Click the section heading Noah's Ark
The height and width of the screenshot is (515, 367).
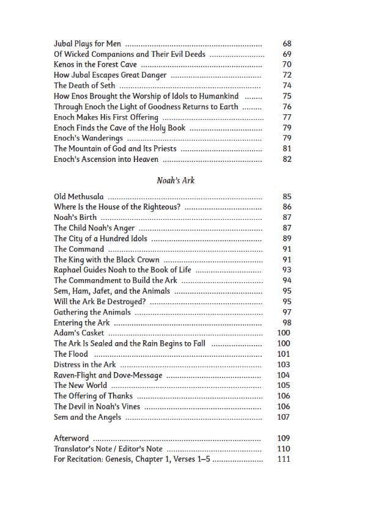pos(175,180)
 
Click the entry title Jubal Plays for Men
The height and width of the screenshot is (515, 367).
pos(87,44)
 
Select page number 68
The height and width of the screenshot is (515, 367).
pos(287,44)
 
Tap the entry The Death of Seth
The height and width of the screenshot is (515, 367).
pos(84,86)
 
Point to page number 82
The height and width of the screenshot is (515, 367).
pos(287,159)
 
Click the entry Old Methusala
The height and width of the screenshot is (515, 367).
pos(78,197)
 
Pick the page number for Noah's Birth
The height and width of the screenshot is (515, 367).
pos(287,217)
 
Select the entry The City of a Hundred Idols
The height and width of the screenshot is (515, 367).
pos(100,238)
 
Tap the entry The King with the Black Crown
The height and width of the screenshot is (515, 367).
pos(106,260)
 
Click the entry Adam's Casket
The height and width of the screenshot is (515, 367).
pos(79,333)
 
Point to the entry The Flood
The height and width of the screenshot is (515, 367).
pos(70,354)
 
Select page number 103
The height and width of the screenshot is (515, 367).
pos(284,365)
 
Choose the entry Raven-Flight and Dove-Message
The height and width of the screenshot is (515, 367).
pos(108,375)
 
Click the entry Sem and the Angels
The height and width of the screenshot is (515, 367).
pos(87,417)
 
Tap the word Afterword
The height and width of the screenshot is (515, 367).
pos(71,438)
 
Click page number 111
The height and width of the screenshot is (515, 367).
pos(284,459)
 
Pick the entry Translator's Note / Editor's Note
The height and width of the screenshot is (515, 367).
pos(108,448)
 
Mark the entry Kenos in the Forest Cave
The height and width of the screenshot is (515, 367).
pos(95,65)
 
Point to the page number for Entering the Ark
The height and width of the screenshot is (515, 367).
pos(287,323)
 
